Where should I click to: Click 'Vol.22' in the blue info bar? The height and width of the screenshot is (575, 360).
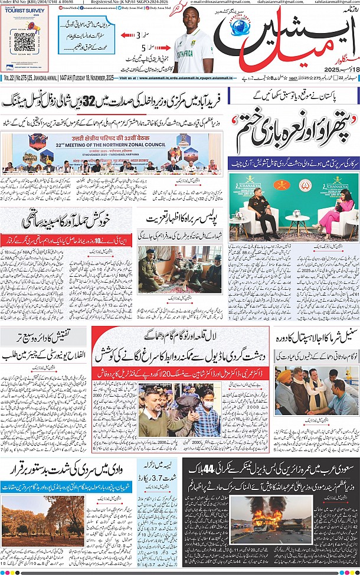pos(9,78)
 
